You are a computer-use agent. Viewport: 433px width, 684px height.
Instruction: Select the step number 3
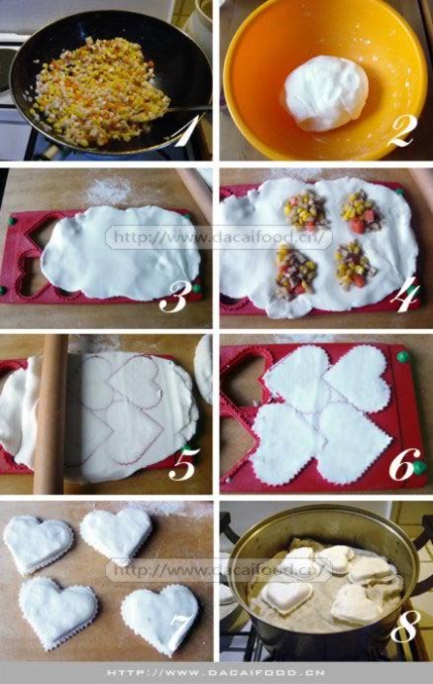pos(172,297)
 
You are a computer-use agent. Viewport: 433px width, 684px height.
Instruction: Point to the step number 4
pos(405,297)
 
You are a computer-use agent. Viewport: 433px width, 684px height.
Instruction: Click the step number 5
pos(183,464)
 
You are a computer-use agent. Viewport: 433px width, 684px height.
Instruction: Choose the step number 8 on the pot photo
pos(405,626)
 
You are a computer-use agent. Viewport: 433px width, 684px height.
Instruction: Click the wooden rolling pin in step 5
pos(52,413)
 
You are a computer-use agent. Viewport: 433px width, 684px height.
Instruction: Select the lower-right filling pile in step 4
pos(355,266)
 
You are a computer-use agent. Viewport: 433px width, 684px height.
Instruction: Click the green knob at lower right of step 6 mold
pos(419,468)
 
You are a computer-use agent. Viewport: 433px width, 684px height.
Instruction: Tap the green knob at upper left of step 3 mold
pos(13,221)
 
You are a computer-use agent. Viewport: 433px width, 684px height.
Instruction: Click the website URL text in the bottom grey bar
pos(215,673)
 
